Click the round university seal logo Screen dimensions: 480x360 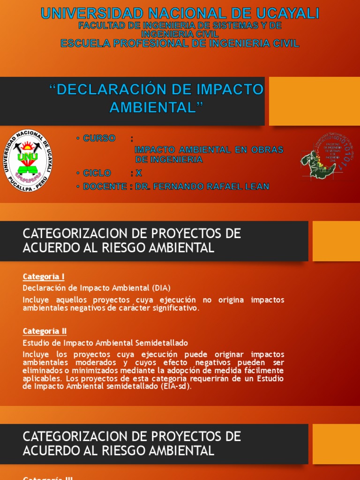pyautogui.click(x=28, y=160)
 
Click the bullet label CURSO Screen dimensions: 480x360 pyautogui.click(x=99, y=138)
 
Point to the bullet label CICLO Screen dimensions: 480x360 pyautogui.click(x=97, y=173)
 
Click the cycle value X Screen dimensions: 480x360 pyautogui.click(x=139, y=173)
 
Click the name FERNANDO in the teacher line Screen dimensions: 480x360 pyautogui.click(x=181, y=187)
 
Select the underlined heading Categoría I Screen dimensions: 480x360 pyautogui.click(x=44, y=277)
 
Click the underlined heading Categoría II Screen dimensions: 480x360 pyautogui.click(x=45, y=331)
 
